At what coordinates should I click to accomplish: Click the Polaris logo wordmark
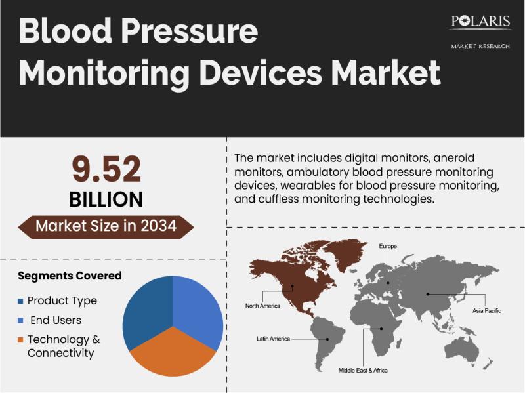[x=480, y=22]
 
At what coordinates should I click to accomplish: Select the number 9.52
[x=106, y=170]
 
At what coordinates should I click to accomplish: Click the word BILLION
[x=106, y=199]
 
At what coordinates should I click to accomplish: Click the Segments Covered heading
[x=70, y=276]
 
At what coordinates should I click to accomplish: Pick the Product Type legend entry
[x=62, y=300]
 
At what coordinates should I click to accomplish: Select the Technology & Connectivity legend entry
[x=63, y=346]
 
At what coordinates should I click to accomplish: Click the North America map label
[x=262, y=306]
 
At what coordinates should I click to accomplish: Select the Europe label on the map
[x=388, y=246]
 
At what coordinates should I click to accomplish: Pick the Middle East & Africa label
[x=363, y=371]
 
